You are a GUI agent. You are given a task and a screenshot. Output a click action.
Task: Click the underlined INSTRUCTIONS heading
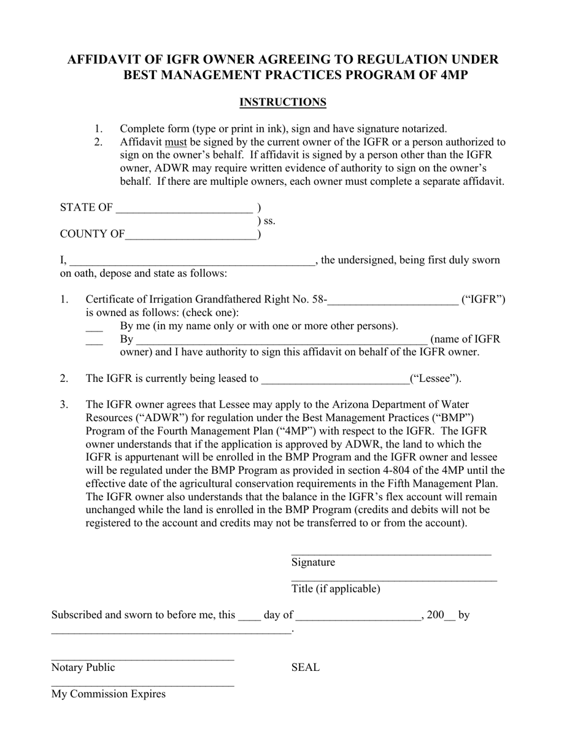pyautogui.click(x=282, y=102)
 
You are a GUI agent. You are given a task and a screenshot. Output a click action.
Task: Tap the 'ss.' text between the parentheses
pyautogui.click(x=269, y=221)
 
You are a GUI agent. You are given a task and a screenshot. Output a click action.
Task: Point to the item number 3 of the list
pyautogui.click(x=64, y=405)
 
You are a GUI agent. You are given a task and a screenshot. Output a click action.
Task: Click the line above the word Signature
pyautogui.click(x=391, y=552)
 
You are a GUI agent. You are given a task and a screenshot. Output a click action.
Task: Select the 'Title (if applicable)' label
pyautogui.click(x=336, y=589)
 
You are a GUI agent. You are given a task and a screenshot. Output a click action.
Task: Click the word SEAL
pyautogui.click(x=305, y=668)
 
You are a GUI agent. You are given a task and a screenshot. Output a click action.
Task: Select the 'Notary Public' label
pyautogui.click(x=83, y=668)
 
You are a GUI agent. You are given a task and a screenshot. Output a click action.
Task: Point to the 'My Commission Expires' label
pyautogui.click(x=109, y=694)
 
